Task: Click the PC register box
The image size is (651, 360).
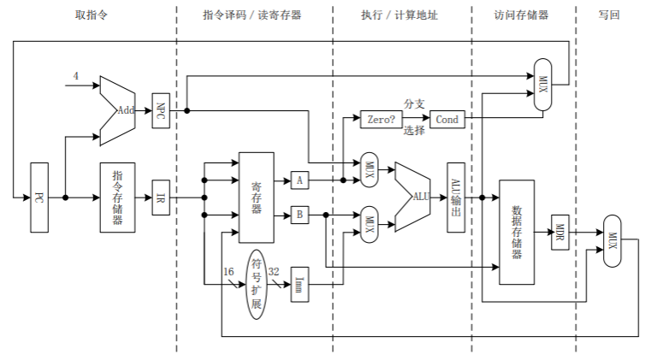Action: click(39, 197)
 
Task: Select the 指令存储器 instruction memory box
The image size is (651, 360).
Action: click(117, 197)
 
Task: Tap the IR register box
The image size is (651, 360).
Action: click(161, 197)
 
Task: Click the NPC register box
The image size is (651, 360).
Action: click(161, 109)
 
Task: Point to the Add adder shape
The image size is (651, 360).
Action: click(120, 110)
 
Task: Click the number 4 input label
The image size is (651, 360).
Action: click(74, 76)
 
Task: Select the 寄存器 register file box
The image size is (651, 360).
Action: click(256, 197)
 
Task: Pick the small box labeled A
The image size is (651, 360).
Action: click(299, 180)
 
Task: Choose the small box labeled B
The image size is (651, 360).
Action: click(299, 215)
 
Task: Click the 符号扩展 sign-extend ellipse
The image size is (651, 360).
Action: click(256, 284)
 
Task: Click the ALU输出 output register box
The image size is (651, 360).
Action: click(455, 197)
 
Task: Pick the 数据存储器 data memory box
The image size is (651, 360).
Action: click(516, 232)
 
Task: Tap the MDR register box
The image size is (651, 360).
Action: click(560, 232)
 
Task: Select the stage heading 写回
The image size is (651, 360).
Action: click(608, 15)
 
